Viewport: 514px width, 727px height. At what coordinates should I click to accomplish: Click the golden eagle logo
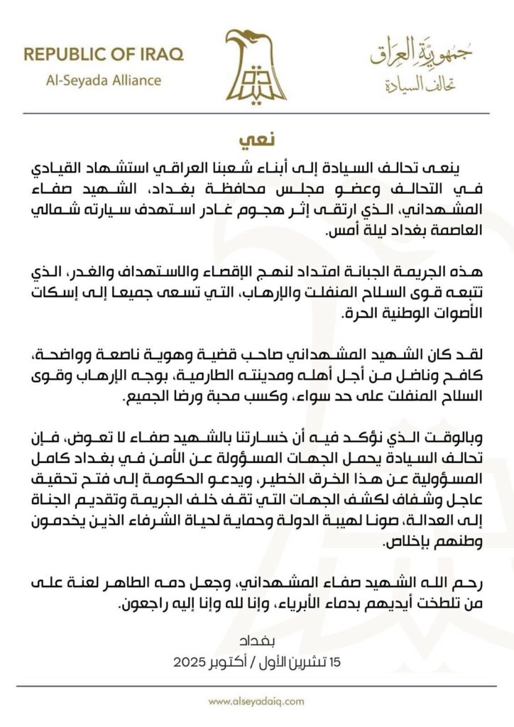coord(256,65)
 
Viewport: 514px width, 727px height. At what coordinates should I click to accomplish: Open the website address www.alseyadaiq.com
coord(256,701)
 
